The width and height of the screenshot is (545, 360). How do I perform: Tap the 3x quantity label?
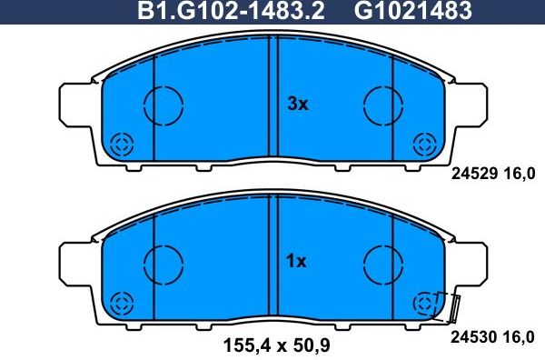(298, 105)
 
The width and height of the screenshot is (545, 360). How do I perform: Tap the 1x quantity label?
(298, 262)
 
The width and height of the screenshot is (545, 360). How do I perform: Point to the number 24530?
(471, 335)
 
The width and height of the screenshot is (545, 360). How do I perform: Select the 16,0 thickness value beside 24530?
(521, 335)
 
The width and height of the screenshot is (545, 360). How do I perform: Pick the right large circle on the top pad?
(382, 104)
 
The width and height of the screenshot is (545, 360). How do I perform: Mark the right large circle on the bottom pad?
(382, 263)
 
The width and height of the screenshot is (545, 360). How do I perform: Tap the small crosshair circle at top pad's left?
(122, 144)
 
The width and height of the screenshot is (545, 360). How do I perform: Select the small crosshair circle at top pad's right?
(423, 144)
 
